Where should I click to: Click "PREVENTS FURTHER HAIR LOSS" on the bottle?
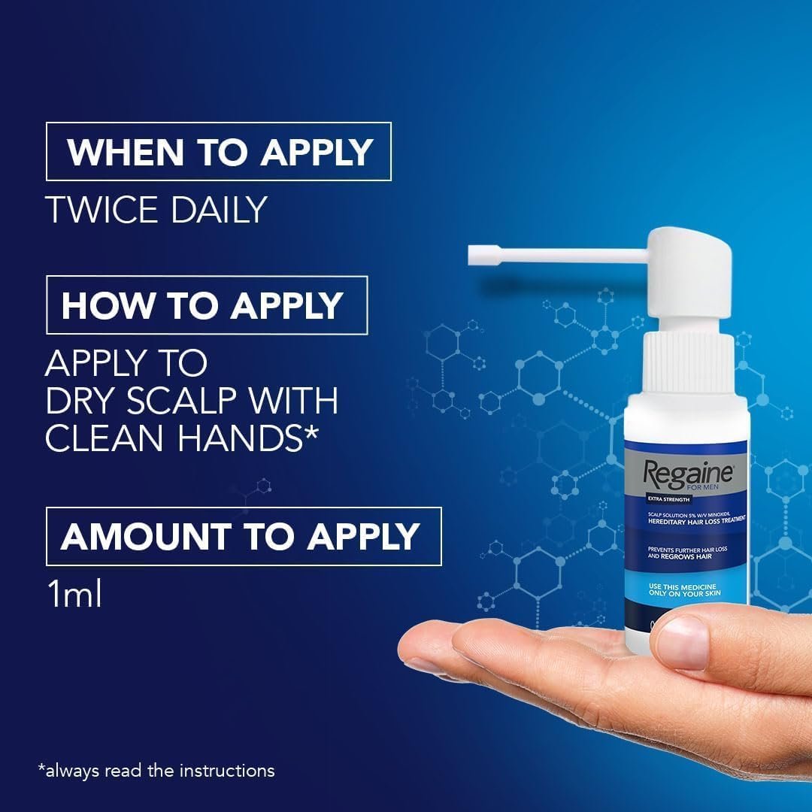click(685, 549)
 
